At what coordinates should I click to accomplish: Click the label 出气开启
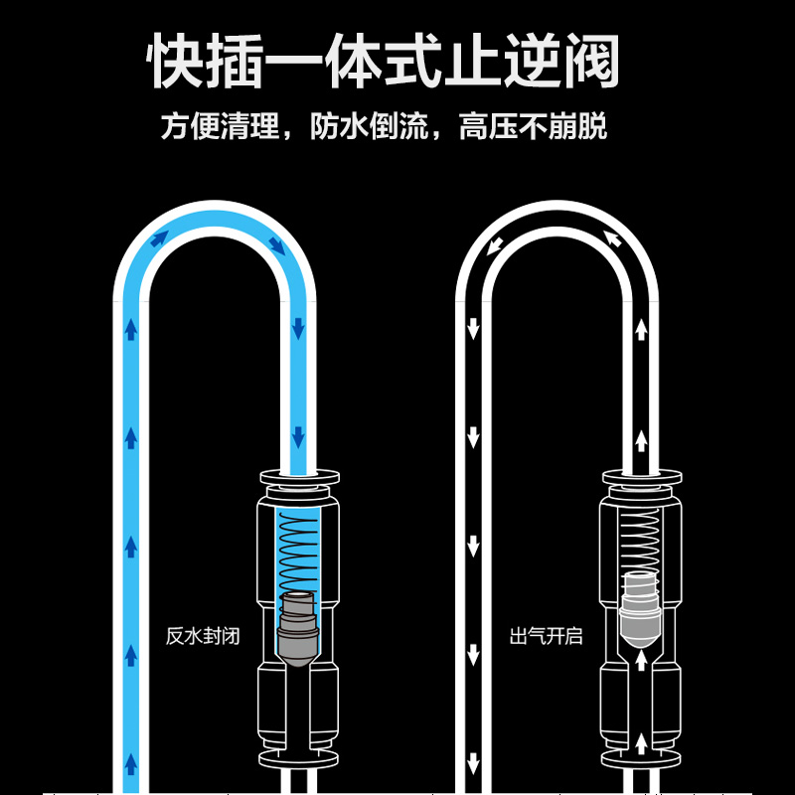(546, 636)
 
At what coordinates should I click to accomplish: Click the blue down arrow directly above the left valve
(297, 437)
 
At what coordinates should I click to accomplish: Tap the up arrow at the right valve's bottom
(641, 739)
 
